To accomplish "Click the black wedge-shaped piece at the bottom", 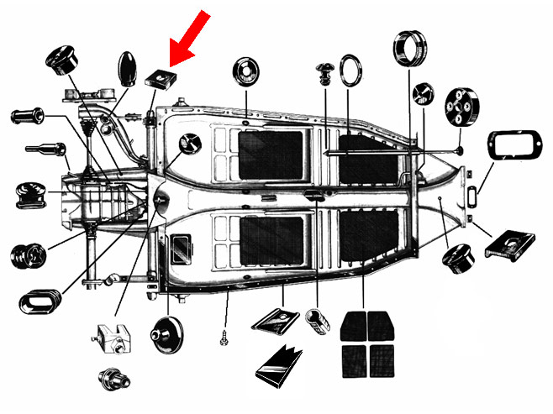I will tap(277, 365).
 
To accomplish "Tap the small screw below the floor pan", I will tap(224, 339).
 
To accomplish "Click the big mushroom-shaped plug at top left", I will tap(63, 63).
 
